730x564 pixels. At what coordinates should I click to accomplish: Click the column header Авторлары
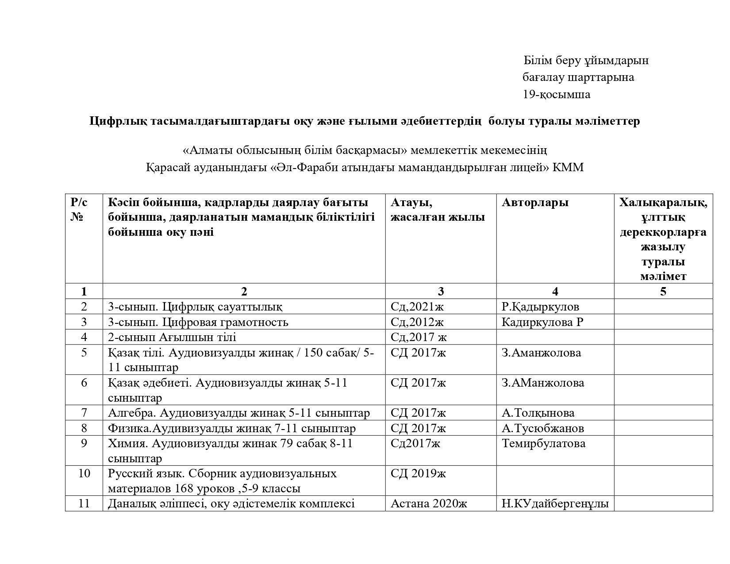534,203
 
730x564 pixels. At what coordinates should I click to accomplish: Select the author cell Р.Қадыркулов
540,307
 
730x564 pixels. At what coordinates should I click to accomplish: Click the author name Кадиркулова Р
542,322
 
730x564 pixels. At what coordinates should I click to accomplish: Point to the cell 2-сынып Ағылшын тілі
172,337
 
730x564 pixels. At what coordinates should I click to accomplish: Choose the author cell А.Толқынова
538,413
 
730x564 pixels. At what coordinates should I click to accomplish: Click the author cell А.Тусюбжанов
542,428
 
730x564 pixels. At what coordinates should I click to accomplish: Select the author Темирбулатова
543,443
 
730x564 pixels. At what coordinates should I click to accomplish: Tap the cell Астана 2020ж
429,503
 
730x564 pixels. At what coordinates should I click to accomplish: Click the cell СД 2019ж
418,473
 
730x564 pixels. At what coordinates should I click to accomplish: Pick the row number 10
84,473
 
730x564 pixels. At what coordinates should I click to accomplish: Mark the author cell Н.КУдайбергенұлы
555,503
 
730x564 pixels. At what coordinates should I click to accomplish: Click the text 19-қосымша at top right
556,95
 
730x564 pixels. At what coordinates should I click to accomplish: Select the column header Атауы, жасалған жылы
437,210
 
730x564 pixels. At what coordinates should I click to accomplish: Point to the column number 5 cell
663,291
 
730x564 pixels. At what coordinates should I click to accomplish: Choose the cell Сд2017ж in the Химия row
415,443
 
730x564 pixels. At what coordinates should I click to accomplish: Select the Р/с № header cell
79,210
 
